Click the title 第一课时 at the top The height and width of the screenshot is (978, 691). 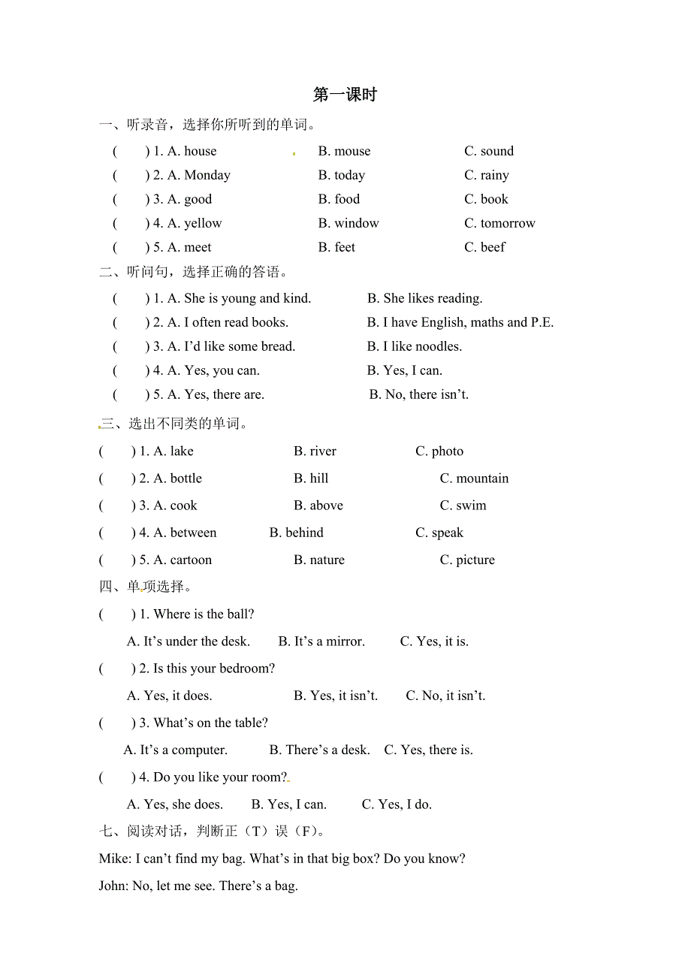click(x=345, y=95)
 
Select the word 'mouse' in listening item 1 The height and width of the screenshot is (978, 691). click(x=352, y=151)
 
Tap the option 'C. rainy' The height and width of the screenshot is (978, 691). click(x=487, y=175)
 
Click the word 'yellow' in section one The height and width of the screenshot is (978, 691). click(x=203, y=223)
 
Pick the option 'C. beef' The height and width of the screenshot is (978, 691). click(x=484, y=247)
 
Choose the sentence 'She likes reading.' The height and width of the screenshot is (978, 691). click(x=433, y=298)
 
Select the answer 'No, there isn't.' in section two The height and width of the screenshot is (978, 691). click(x=427, y=394)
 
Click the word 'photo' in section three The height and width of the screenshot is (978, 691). click(x=448, y=451)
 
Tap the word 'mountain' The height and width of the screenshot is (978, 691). click(x=482, y=478)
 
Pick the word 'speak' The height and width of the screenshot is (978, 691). click(x=448, y=533)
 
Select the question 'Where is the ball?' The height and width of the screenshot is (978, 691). click(x=204, y=614)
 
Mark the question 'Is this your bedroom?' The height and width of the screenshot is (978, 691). click(x=214, y=669)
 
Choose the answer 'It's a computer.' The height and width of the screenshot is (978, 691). click(x=183, y=750)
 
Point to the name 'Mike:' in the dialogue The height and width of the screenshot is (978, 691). click(x=115, y=859)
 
